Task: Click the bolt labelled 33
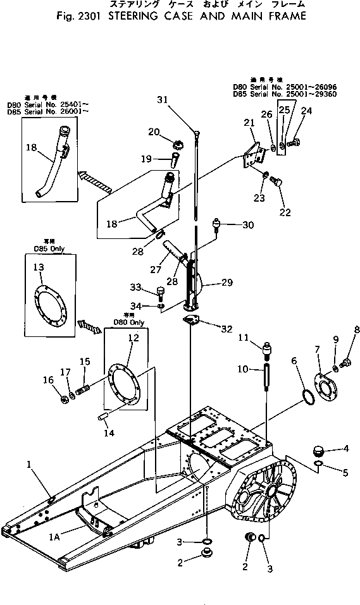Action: pyautogui.click(x=160, y=291)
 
